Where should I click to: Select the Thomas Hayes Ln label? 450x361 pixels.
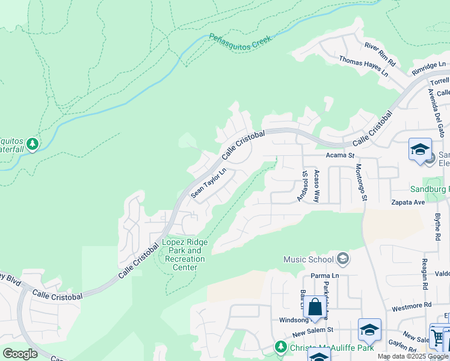[363, 65]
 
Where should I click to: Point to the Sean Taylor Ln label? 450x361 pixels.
[208, 183]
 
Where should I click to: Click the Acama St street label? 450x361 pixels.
[340, 155]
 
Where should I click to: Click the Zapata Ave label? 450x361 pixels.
[408, 203]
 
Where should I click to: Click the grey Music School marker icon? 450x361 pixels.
[342, 259]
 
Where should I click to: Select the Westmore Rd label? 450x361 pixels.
[412, 305]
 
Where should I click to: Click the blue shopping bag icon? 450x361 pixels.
[315, 307]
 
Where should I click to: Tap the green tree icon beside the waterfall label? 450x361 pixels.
[32, 144]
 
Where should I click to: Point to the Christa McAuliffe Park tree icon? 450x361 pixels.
[280, 347]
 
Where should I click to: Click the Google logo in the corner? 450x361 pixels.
[20, 354]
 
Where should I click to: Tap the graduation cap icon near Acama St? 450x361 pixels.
[419, 149]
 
